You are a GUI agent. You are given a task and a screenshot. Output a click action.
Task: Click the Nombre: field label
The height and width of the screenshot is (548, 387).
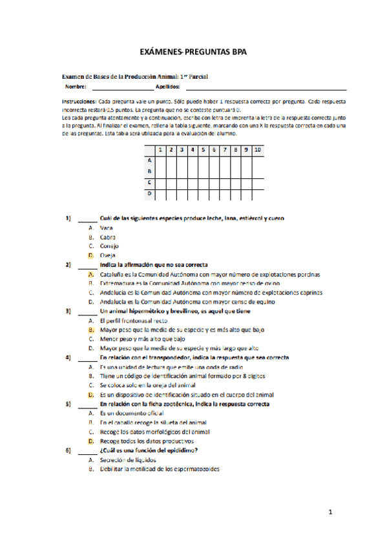[x=75, y=87]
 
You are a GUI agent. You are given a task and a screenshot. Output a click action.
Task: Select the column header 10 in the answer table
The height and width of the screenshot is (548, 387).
[x=257, y=150]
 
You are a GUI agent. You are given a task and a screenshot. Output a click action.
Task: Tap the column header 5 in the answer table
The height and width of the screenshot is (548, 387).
[x=204, y=150]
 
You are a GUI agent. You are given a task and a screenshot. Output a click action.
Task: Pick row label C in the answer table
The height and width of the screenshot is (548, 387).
[x=149, y=182]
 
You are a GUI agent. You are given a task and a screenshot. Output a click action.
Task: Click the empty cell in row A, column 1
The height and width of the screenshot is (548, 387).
[x=161, y=160]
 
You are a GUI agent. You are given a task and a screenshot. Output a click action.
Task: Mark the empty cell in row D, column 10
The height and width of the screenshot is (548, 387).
[x=257, y=193]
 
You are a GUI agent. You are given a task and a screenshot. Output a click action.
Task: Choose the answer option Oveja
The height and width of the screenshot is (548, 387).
[x=108, y=255]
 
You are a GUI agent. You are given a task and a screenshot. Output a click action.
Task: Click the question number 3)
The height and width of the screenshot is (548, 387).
[x=68, y=311]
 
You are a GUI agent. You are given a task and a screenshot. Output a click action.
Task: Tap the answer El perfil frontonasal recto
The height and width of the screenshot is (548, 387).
[x=134, y=320]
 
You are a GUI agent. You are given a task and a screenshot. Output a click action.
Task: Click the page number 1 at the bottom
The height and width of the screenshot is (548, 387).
[x=329, y=513]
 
